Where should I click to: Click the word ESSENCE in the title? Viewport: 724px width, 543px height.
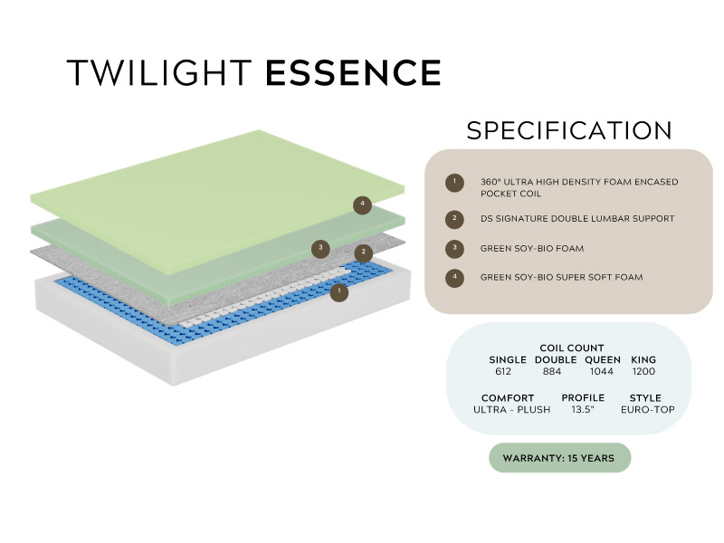pos(354,72)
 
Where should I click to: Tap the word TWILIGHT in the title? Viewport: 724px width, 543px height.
pos(159,72)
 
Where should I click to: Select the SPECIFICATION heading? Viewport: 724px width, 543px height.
pos(569,130)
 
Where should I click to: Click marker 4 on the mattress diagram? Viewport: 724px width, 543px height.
pos(363,205)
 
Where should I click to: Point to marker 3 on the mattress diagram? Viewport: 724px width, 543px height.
pos(320,249)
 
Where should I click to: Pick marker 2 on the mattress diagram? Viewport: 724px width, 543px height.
pos(364,252)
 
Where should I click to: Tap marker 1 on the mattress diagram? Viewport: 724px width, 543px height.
pos(338,291)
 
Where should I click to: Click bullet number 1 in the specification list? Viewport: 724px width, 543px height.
pos(455,183)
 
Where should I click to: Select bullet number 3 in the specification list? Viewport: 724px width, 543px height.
pos(455,248)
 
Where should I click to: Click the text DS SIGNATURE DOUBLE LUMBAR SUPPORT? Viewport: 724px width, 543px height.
pos(577,218)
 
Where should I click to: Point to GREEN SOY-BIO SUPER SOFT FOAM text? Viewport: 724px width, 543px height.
pos(561,277)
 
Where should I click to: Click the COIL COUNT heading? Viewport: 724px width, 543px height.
pos(572,348)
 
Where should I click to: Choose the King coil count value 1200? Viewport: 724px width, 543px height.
pos(643,371)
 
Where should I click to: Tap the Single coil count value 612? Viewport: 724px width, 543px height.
pos(503,371)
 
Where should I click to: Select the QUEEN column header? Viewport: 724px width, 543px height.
pos(603,359)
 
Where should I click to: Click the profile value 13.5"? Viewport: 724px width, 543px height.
pos(583,410)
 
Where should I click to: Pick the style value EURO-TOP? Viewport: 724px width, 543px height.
pos(647,410)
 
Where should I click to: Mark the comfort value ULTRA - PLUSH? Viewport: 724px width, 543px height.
pos(511,410)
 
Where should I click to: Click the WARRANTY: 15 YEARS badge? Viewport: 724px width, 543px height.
pos(559,458)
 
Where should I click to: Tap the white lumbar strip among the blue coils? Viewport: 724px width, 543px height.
pos(262,298)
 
